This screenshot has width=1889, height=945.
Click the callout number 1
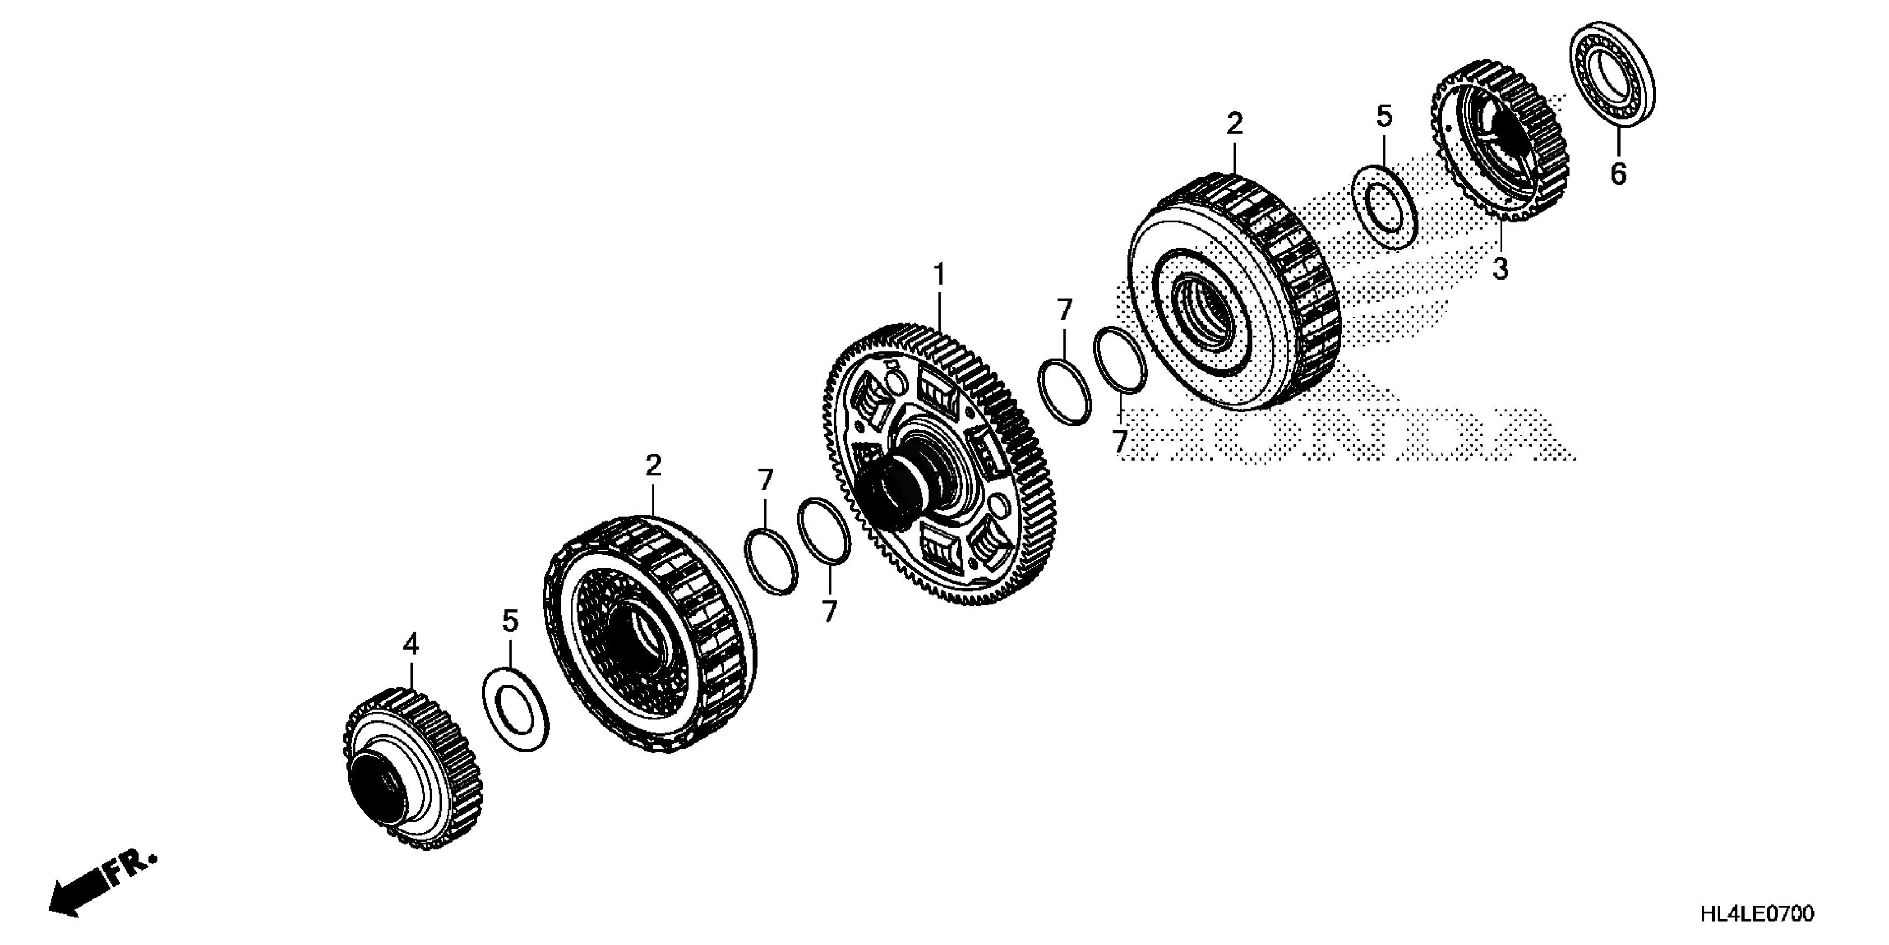pyautogui.click(x=939, y=275)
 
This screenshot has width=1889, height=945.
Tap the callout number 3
pyautogui.click(x=1500, y=269)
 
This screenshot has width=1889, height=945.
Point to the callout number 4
pyautogui.click(x=411, y=645)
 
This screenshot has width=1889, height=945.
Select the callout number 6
pyautogui.click(x=1618, y=174)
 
